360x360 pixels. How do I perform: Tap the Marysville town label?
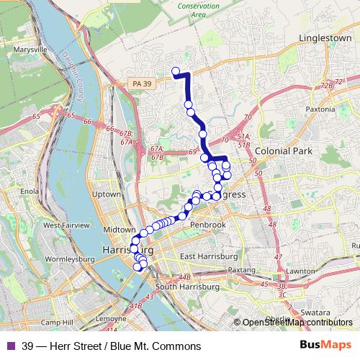pos(30,50)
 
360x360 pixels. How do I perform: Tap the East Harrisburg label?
pos(209,256)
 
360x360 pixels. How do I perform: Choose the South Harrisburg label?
pos(186,287)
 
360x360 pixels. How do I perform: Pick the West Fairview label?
pos(66,225)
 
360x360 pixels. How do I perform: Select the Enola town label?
pos(30,192)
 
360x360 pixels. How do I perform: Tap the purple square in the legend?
pos(12,346)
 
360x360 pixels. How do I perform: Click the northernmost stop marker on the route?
pos(175,71)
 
